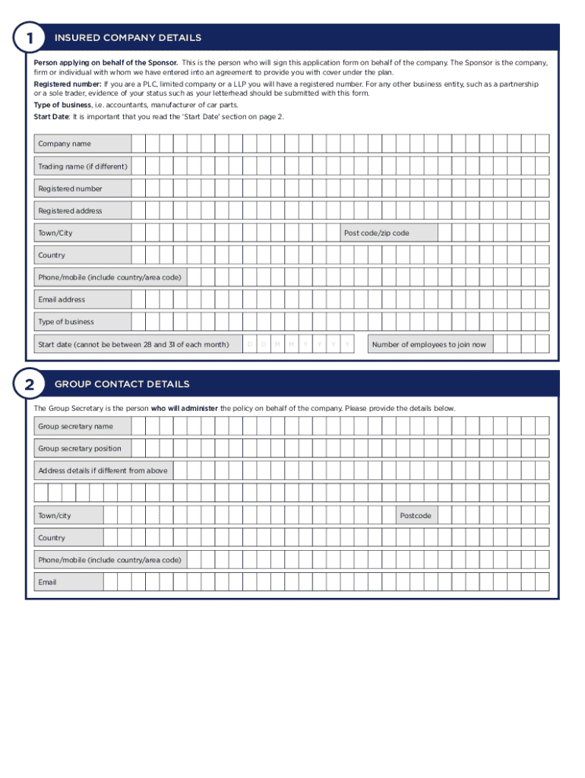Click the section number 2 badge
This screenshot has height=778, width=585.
(29, 384)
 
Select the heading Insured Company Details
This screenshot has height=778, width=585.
(128, 38)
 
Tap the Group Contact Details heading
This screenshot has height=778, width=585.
(122, 384)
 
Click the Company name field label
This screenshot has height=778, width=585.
(65, 144)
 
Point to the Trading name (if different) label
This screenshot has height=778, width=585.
(83, 166)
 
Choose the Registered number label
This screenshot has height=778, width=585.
(70, 188)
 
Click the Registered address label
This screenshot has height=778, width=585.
(70, 210)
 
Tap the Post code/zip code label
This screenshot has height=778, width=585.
(376, 233)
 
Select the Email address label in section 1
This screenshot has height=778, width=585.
(62, 299)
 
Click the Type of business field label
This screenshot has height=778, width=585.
(66, 321)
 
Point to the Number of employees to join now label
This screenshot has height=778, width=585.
(428, 345)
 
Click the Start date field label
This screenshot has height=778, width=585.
(134, 345)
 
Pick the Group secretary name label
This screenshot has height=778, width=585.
(75, 427)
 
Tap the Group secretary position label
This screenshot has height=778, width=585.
(80, 449)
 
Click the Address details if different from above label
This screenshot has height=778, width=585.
(103, 471)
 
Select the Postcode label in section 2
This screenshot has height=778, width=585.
(416, 516)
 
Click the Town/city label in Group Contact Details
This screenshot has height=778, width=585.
(55, 516)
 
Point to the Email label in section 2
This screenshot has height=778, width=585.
(47, 583)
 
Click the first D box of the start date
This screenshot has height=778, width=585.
(250, 345)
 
